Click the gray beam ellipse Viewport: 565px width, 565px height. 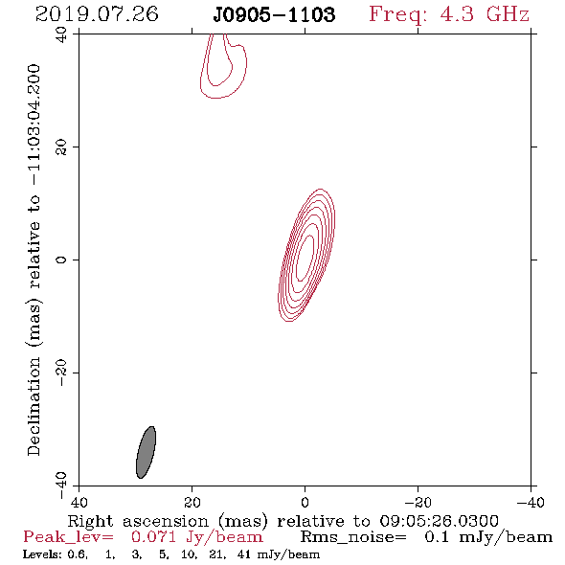point(146,452)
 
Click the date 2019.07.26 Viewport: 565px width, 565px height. point(97,14)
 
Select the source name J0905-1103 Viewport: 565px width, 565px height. point(274,14)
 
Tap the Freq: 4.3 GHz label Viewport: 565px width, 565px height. point(449,14)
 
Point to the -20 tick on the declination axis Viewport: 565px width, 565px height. point(61,373)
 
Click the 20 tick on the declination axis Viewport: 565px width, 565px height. point(61,147)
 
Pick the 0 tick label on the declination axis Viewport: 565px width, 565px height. point(61,260)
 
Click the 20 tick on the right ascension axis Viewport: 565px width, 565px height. point(192,502)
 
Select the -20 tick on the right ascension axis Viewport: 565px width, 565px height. point(418,502)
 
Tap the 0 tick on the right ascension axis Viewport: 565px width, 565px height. point(305,502)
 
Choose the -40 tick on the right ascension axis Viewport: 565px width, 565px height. point(531,502)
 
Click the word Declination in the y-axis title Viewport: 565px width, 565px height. point(34,406)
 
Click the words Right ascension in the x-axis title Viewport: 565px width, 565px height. point(138,521)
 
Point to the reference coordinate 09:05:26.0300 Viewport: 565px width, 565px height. point(439,521)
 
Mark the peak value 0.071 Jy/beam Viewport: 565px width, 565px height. point(196,537)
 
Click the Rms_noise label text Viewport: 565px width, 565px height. point(353,537)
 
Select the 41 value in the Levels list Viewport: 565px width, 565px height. point(243,554)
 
